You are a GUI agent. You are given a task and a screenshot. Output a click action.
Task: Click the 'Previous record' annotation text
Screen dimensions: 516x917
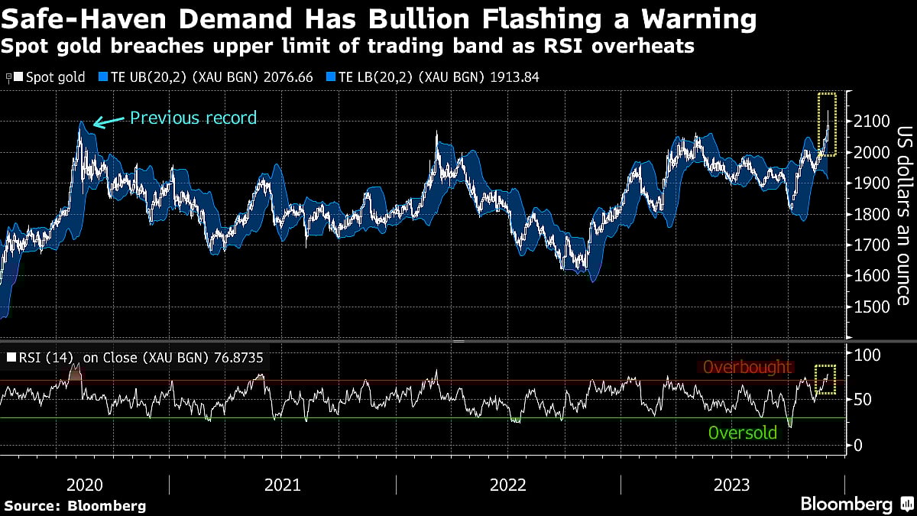[x=193, y=118]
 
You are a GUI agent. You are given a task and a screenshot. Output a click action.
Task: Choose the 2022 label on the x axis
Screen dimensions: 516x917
[x=508, y=485]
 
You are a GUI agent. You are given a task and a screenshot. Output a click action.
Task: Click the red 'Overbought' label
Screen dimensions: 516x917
[x=747, y=368]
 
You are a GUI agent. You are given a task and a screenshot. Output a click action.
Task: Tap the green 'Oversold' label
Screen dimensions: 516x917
[x=742, y=433]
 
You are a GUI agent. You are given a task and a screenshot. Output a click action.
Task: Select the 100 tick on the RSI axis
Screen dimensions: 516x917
[x=866, y=355]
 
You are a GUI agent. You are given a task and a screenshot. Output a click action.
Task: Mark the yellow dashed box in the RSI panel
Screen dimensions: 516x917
[x=825, y=379]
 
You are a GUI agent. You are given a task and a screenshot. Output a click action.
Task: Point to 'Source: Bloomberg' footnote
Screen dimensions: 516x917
[x=75, y=505]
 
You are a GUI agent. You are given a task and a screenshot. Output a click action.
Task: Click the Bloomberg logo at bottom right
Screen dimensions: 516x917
[x=856, y=504]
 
